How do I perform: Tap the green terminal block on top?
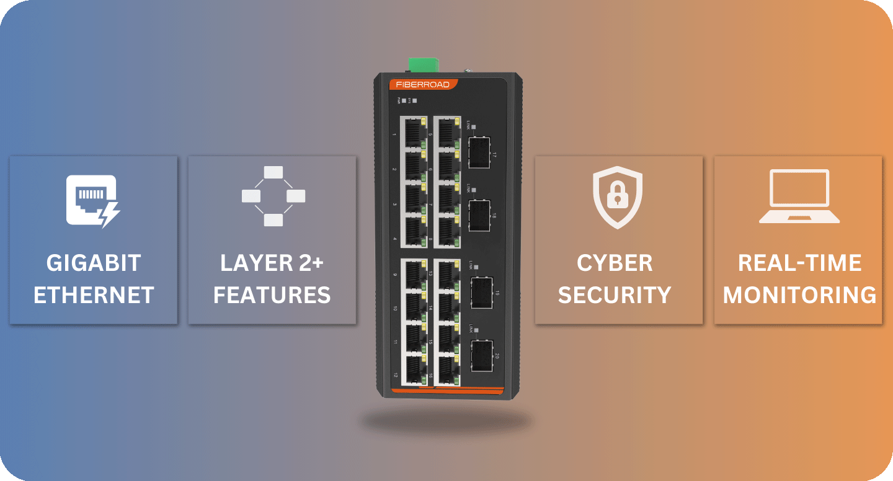point(424,64)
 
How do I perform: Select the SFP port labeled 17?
point(479,152)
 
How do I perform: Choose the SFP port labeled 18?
point(479,214)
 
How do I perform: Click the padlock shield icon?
point(617,198)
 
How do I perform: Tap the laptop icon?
point(799,196)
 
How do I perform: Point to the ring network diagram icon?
point(273,196)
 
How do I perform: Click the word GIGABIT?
point(94,263)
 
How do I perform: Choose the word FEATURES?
point(272,295)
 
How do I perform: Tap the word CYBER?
point(615,263)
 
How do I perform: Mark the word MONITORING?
point(799,295)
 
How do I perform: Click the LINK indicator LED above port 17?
point(474,127)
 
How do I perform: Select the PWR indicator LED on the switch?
point(404,100)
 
